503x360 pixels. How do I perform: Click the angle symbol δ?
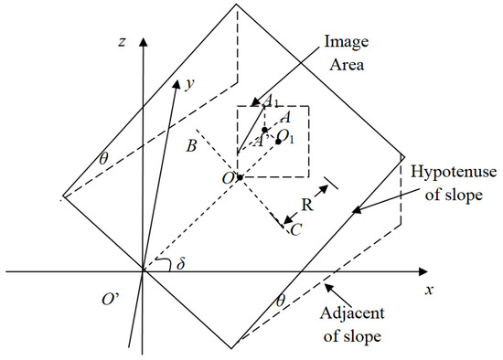tap(181, 264)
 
